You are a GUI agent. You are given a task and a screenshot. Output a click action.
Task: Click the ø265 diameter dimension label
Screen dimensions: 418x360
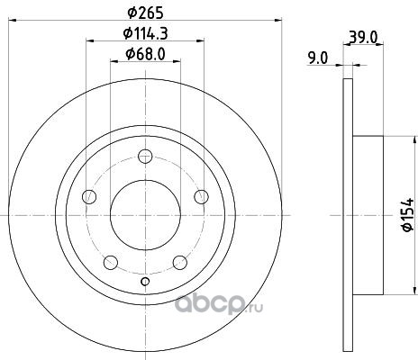pyautogui.click(x=145, y=13)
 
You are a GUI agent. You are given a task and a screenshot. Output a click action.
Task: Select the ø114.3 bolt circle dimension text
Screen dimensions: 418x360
pyautogui.click(x=145, y=33)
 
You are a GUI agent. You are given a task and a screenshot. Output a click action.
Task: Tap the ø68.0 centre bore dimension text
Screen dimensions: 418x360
pyautogui.click(x=145, y=54)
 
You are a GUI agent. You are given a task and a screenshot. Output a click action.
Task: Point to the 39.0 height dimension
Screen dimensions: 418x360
pyautogui.click(x=363, y=37)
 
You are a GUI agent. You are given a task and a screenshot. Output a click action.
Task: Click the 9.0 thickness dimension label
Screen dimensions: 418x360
pyautogui.click(x=318, y=58)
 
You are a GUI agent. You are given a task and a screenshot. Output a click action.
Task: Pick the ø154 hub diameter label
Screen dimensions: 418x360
pyautogui.click(x=408, y=215)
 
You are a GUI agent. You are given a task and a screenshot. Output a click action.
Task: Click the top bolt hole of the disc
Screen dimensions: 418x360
pyautogui.click(x=145, y=157)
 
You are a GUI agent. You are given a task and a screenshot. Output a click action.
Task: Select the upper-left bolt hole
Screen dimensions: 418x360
pyautogui.click(x=89, y=197)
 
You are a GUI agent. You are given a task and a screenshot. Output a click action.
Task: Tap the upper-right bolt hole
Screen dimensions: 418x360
pyautogui.click(x=201, y=197)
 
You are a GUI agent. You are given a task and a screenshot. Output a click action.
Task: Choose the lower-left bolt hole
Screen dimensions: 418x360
pyautogui.click(x=111, y=263)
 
